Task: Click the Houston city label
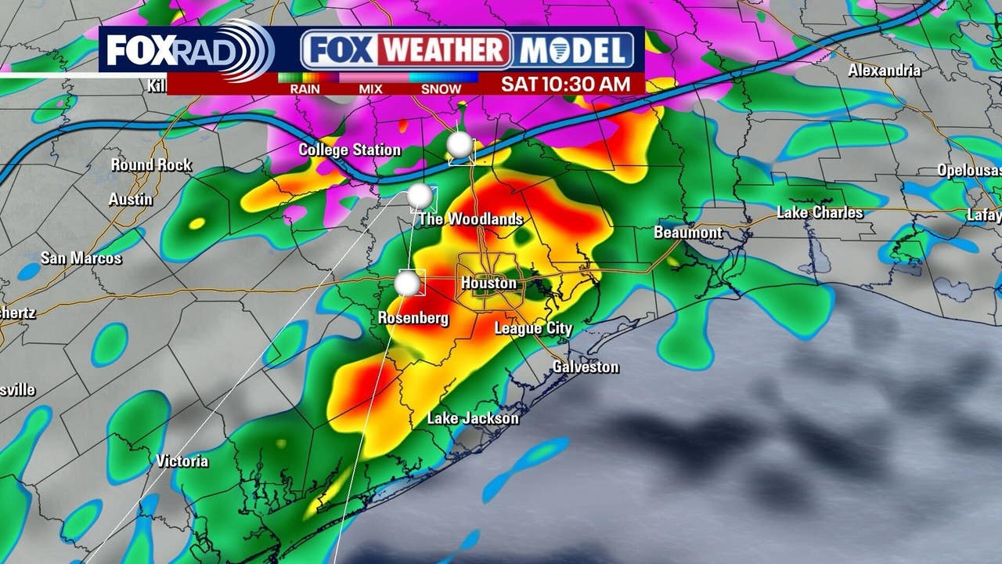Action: click(x=488, y=283)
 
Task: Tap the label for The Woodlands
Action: click(x=470, y=219)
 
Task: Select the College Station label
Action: click(x=349, y=150)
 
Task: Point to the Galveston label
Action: click(x=586, y=367)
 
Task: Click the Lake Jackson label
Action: click(x=473, y=418)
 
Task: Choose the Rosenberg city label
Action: click(x=413, y=318)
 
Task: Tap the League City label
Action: click(x=533, y=328)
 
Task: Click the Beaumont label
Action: click(x=688, y=233)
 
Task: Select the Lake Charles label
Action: click(x=820, y=212)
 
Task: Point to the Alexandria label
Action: click(x=885, y=70)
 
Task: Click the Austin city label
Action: click(x=131, y=199)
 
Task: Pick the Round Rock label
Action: click(x=151, y=165)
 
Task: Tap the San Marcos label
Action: click(x=81, y=258)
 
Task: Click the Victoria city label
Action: click(x=182, y=461)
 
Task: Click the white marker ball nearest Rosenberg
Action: click(x=407, y=284)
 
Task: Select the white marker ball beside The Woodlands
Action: click(x=420, y=196)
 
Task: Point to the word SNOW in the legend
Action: click(x=441, y=89)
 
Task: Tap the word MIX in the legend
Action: click(x=370, y=89)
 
